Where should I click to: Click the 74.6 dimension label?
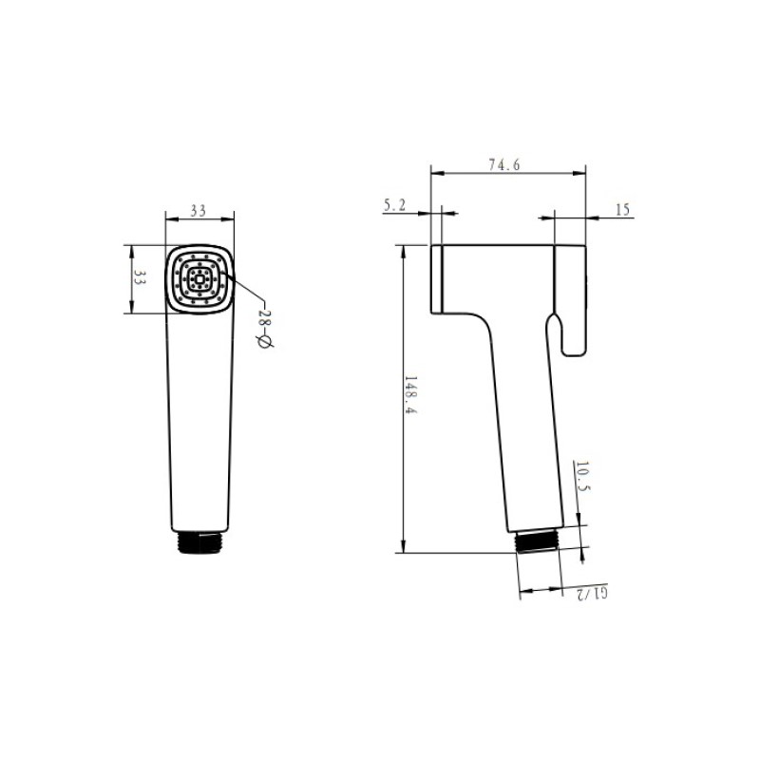(504, 164)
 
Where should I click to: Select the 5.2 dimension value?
(394, 205)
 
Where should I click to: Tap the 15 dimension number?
(622, 209)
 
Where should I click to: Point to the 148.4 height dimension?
(410, 394)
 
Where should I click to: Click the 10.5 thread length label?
(582, 476)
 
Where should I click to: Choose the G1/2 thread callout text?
(591, 592)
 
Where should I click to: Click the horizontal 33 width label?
(198, 210)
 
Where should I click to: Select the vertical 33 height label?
(140, 277)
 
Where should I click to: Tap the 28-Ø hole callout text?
(265, 329)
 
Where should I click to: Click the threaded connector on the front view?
(200, 542)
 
